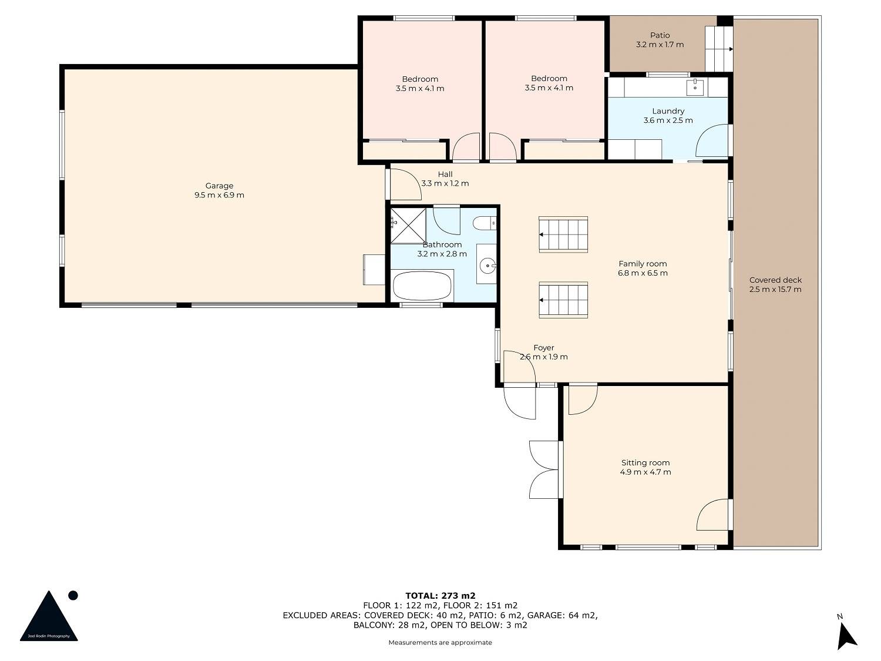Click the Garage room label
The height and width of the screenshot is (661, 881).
tap(219, 186)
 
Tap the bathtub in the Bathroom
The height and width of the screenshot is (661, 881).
tap(422, 286)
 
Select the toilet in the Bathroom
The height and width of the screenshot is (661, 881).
tap(485, 223)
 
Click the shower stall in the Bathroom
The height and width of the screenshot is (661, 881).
tap(408, 226)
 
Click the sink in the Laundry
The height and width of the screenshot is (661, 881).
tap(694, 87)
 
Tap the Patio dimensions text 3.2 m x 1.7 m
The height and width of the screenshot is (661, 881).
tap(660, 45)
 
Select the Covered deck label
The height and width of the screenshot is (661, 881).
tap(775, 280)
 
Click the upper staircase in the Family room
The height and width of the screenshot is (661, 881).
tap(563, 235)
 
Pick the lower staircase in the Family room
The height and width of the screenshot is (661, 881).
tap(563, 300)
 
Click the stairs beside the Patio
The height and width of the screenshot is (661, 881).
tap(719, 49)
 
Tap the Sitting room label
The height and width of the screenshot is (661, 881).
tap(645, 463)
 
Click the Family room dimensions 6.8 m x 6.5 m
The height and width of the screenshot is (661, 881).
tap(643, 273)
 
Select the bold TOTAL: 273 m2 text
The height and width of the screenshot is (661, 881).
tap(441, 596)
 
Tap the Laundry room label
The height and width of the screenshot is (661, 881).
tap(668, 111)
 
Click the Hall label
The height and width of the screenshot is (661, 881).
tap(445, 174)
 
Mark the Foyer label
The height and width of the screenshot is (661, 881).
tap(544, 348)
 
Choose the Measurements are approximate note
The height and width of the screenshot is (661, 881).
tap(441, 643)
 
